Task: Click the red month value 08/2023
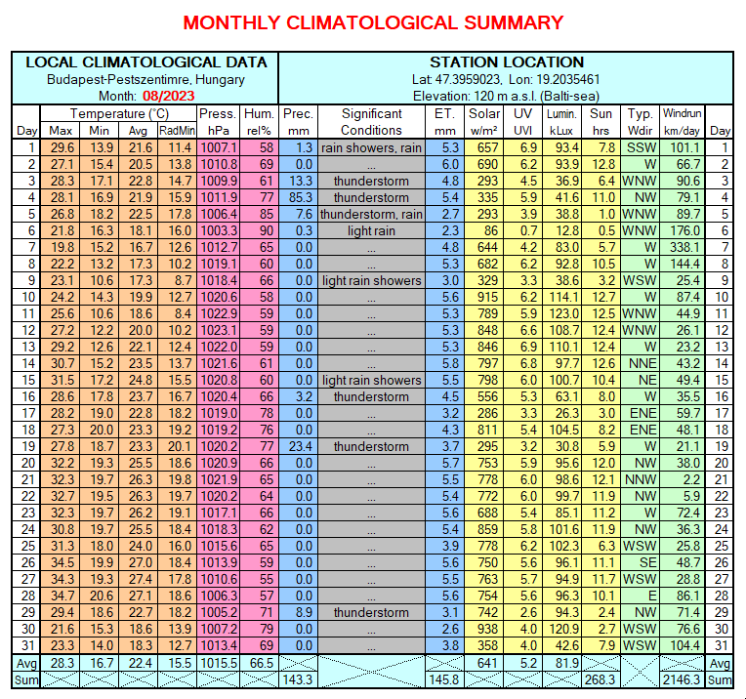pos(168,96)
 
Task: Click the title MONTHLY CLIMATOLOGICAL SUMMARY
pos(373,22)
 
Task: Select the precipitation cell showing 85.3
pos(299,197)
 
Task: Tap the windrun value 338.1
pos(683,247)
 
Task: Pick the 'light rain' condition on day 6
pos(371,230)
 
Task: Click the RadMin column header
pos(177,131)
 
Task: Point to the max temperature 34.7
pos(61,596)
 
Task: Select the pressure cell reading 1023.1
pos(219,330)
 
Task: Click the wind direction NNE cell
pos(640,363)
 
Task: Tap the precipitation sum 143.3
pos(298,679)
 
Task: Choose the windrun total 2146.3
pos(682,679)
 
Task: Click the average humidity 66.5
pos(260,663)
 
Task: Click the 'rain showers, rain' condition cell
pos(371,148)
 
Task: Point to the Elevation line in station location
pos(506,96)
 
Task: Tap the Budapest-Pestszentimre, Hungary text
pos(145,79)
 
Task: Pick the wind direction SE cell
pos(640,562)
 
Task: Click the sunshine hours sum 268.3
pos(601,679)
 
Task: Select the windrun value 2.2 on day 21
pos(683,479)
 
